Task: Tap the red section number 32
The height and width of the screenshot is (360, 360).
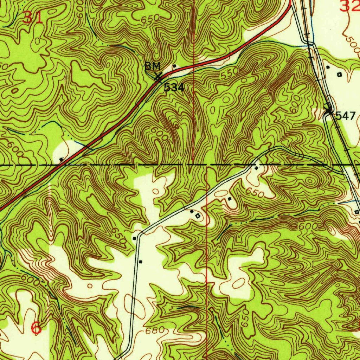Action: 350,6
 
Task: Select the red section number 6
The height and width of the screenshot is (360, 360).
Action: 36,328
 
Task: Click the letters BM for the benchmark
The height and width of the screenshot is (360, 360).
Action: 153,66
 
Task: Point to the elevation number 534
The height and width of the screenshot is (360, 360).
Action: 174,88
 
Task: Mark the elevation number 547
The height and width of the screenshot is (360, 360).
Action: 346,116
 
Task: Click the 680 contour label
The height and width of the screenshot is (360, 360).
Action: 154,331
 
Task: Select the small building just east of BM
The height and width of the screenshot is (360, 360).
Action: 174,66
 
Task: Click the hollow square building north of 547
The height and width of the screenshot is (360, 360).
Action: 339,74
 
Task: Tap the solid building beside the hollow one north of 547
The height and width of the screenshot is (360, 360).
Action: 328,67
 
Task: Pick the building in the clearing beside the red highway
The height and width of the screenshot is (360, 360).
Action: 62,159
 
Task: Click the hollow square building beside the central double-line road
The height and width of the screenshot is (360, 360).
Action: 198,216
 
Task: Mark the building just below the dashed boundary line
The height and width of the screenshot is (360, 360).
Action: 256,168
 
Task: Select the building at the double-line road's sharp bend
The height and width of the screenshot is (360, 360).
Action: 134,238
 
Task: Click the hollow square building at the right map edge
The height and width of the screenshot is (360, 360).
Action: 357,212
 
